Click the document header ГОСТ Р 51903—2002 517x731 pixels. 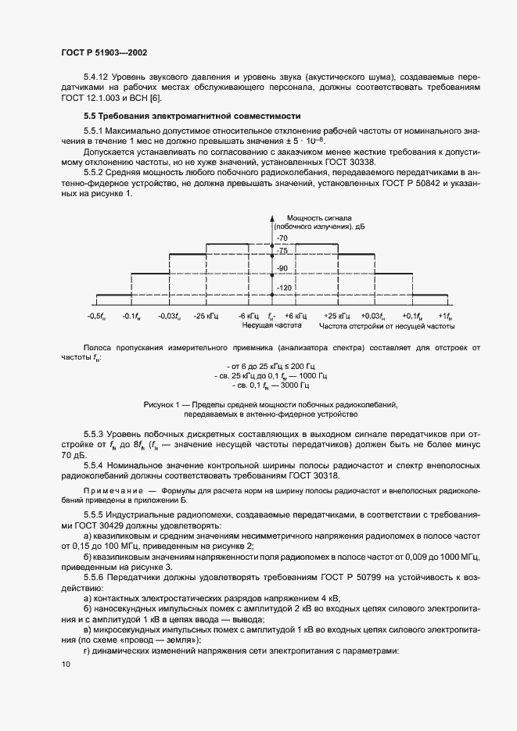[x=104, y=52]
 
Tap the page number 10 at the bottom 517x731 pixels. [x=66, y=665]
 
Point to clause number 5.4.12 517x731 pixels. [x=97, y=77]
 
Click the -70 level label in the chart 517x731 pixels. [x=282, y=237]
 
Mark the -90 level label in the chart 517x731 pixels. [x=282, y=268]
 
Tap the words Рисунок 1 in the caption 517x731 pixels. [x=163, y=405]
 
